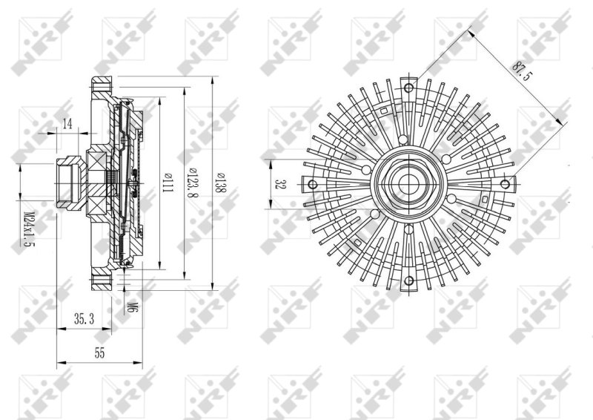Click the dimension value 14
click(x=67, y=124)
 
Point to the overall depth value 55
click(x=99, y=354)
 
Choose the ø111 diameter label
click(x=168, y=183)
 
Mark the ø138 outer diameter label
click(x=220, y=183)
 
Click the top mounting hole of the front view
click(x=408, y=87)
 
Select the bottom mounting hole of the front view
click(x=408, y=280)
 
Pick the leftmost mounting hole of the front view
click(x=312, y=184)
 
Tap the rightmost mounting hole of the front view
click(x=506, y=183)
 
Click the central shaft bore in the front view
click(x=408, y=183)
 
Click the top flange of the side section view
click(x=102, y=83)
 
